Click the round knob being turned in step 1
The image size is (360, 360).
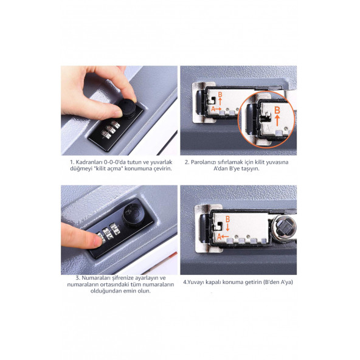point(126,108)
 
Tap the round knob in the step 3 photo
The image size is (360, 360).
point(133,215)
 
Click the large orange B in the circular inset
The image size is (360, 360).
point(277,110)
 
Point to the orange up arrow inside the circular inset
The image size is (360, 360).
point(277,120)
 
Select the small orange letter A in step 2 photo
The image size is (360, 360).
point(213,109)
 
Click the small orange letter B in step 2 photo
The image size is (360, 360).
point(220,94)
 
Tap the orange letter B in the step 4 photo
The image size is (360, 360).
point(227,220)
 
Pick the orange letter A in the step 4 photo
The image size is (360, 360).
point(220,237)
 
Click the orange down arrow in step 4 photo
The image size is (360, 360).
point(227,227)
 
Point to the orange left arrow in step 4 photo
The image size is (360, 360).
point(226,237)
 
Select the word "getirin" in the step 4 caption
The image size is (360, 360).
point(254,282)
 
